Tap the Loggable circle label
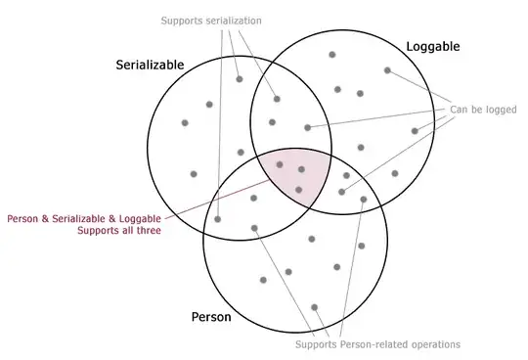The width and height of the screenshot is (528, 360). click(432, 46)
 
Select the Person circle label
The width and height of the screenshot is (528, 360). click(210, 317)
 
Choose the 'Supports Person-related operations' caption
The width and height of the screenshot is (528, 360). click(377, 344)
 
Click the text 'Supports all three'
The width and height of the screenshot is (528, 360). click(118, 231)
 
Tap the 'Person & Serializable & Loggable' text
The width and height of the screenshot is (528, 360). click(84, 217)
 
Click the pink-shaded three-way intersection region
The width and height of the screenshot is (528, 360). click(294, 176)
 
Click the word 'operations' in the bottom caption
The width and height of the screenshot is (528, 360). click(435, 344)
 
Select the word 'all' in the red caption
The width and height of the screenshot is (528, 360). click(124, 231)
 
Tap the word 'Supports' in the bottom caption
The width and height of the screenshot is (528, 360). click(317, 344)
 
